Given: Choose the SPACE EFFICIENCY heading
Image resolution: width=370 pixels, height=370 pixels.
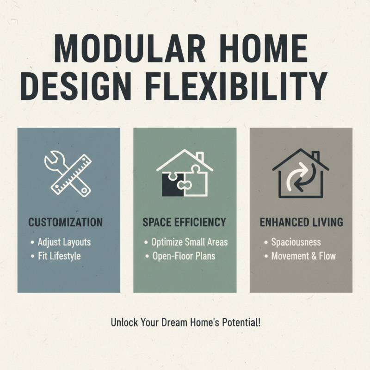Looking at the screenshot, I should [x=185, y=222].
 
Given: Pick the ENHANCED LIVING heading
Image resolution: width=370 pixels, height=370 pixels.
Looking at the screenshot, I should [x=301, y=222].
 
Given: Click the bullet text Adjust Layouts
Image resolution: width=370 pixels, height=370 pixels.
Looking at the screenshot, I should [x=64, y=242].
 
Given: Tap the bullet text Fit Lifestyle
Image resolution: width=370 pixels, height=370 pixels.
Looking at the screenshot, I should [x=59, y=256].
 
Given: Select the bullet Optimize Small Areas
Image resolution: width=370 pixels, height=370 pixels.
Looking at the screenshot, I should [x=190, y=242].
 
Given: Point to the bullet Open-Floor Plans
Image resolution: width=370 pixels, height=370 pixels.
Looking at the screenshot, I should [x=184, y=256].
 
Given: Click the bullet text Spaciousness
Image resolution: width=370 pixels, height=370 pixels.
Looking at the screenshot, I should [x=296, y=242].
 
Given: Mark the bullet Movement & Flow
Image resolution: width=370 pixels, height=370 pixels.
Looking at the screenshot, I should [x=303, y=256].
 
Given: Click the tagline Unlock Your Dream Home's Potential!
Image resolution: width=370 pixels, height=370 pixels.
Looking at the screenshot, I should [x=185, y=322].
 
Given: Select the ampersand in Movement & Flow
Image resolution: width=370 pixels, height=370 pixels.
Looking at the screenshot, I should [x=312, y=256].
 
